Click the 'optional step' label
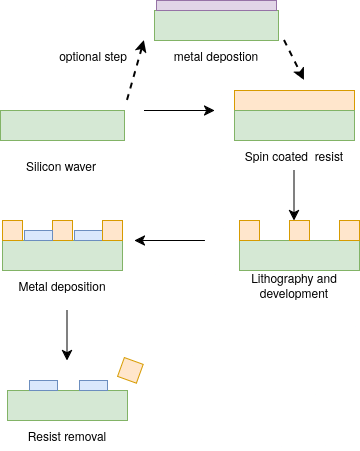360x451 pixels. (92, 56)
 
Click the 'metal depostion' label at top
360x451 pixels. (216, 56)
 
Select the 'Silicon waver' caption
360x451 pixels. (61, 166)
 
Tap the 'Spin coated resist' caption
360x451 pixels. (294, 158)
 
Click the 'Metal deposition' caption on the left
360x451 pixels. (62, 287)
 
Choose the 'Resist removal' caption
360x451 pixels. (66, 436)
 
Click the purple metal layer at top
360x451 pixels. (216, 6)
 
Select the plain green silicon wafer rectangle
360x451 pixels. (62, 125)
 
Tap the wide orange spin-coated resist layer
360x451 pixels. (294, 100)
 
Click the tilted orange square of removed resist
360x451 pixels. (130, 370)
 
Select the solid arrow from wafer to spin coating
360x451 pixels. (180, 110)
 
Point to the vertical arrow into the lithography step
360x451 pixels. (294, 193)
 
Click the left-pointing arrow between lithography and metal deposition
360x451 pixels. (170, 240)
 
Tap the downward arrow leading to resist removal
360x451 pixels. (67, 334)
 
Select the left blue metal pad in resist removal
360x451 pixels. (43, 385)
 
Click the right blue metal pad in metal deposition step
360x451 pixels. (88, 235)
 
